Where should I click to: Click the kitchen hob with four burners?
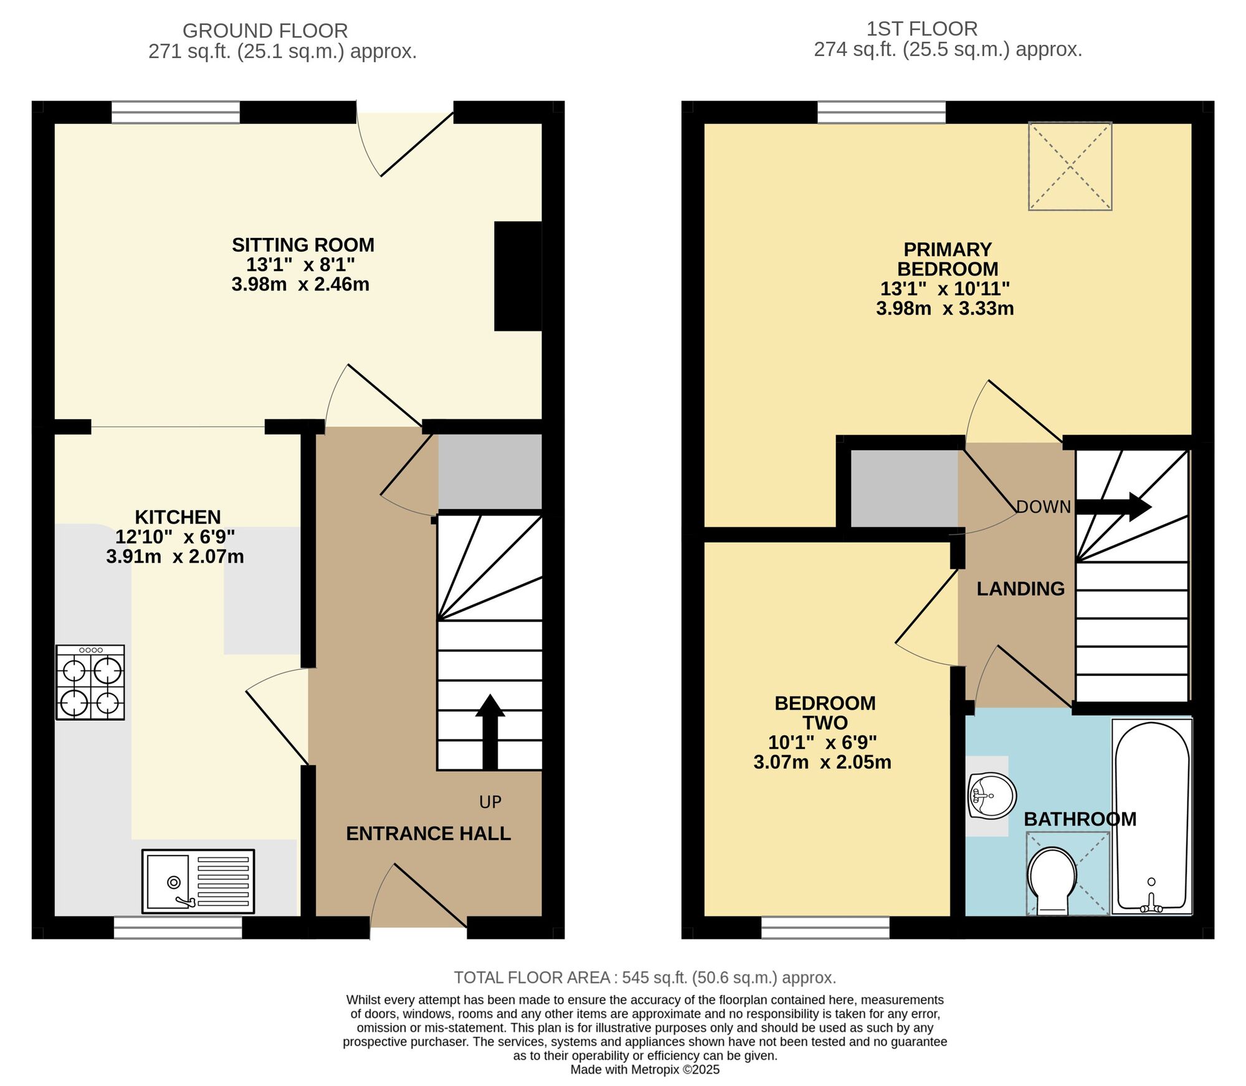pos(90,682)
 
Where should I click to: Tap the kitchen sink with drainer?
pos(198,881)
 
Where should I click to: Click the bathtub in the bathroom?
pos(1151,817)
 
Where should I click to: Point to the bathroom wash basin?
pos(992,796)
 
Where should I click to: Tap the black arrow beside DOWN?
pos(1114,507)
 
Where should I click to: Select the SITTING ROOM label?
pos(303,245)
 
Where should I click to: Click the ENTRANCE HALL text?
pos(429,834)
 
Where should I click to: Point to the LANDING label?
pos(1020,589)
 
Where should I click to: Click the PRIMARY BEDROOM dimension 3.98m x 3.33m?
pos(945,308)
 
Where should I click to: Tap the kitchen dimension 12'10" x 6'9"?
pos(175,536)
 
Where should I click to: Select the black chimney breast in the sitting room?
pos(518,276)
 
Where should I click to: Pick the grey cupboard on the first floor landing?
pos(904,488)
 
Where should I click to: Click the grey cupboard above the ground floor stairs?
pos(490,472)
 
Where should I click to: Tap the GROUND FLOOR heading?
pos(265,31)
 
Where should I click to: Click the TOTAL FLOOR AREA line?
pos(645,978)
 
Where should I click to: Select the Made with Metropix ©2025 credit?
pos(645,1070)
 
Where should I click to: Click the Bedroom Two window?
pos(825,927)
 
